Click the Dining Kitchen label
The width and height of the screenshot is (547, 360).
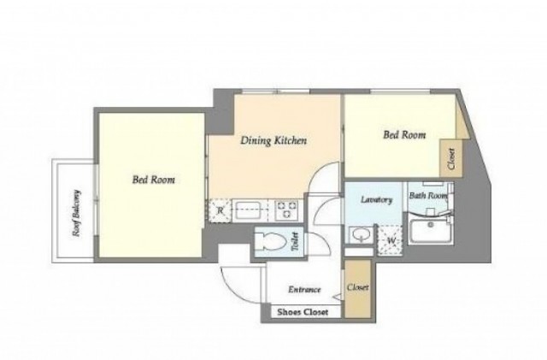coord(273,140)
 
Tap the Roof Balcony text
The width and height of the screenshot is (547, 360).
coord(76,213)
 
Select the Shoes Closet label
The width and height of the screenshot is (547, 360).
coord(303,312)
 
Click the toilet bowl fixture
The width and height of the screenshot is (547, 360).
coord(271,241)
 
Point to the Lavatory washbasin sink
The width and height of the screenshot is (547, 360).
coord(359,235)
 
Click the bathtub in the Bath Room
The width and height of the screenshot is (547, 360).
coord(431,232)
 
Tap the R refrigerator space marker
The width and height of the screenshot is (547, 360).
coord(221,210)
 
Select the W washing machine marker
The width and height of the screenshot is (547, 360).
coord(391,240)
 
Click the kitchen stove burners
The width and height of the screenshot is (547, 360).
coord(285,210)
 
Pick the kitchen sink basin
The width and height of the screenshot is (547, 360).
coord(246,210)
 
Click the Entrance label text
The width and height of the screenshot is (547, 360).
coord(304,290)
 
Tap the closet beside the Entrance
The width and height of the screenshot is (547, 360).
coord(357,288)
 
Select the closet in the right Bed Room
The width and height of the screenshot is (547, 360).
coord(451,158)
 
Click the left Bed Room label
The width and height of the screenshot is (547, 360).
coord(154,180)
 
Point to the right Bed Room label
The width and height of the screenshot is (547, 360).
coord(404,135)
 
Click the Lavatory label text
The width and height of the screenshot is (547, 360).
coord(376,200)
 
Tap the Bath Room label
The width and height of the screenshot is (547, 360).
coord(428,196)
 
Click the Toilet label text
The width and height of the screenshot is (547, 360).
coord(295,241)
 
